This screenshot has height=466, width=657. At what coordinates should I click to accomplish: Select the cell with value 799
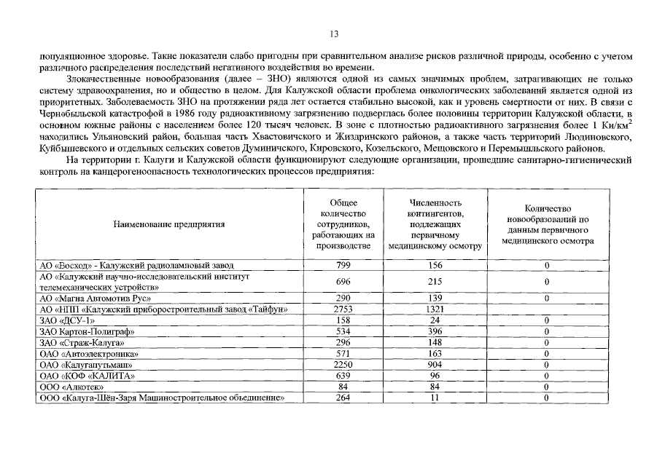click(343, 265)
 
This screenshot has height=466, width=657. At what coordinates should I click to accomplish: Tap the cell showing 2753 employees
click(343, 309)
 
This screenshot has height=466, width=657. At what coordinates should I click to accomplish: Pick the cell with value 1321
click(435, 309)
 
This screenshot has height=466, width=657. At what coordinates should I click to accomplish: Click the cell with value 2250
click(343, 365)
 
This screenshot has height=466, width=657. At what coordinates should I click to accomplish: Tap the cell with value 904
click(435, 365)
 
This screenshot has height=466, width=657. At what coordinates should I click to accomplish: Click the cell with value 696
click(343, 282)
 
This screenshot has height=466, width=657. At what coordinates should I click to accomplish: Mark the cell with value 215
click(435, 282)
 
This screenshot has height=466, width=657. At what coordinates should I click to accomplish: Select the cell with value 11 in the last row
click(435, 398)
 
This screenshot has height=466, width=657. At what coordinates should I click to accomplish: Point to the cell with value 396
click(435, 332)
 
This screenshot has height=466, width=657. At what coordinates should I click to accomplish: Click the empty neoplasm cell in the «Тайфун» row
click(546, 309)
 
